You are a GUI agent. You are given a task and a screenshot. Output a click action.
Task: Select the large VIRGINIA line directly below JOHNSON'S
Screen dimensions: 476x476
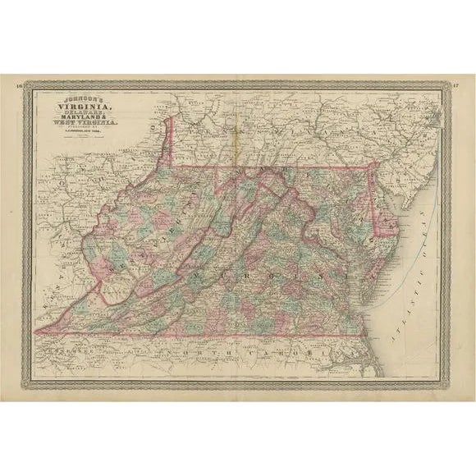click(85, 105)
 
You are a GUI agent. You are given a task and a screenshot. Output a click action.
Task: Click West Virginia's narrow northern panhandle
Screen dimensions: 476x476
click(170, 140)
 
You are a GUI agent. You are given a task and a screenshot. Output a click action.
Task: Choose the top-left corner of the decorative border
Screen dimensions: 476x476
click(28, 83)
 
